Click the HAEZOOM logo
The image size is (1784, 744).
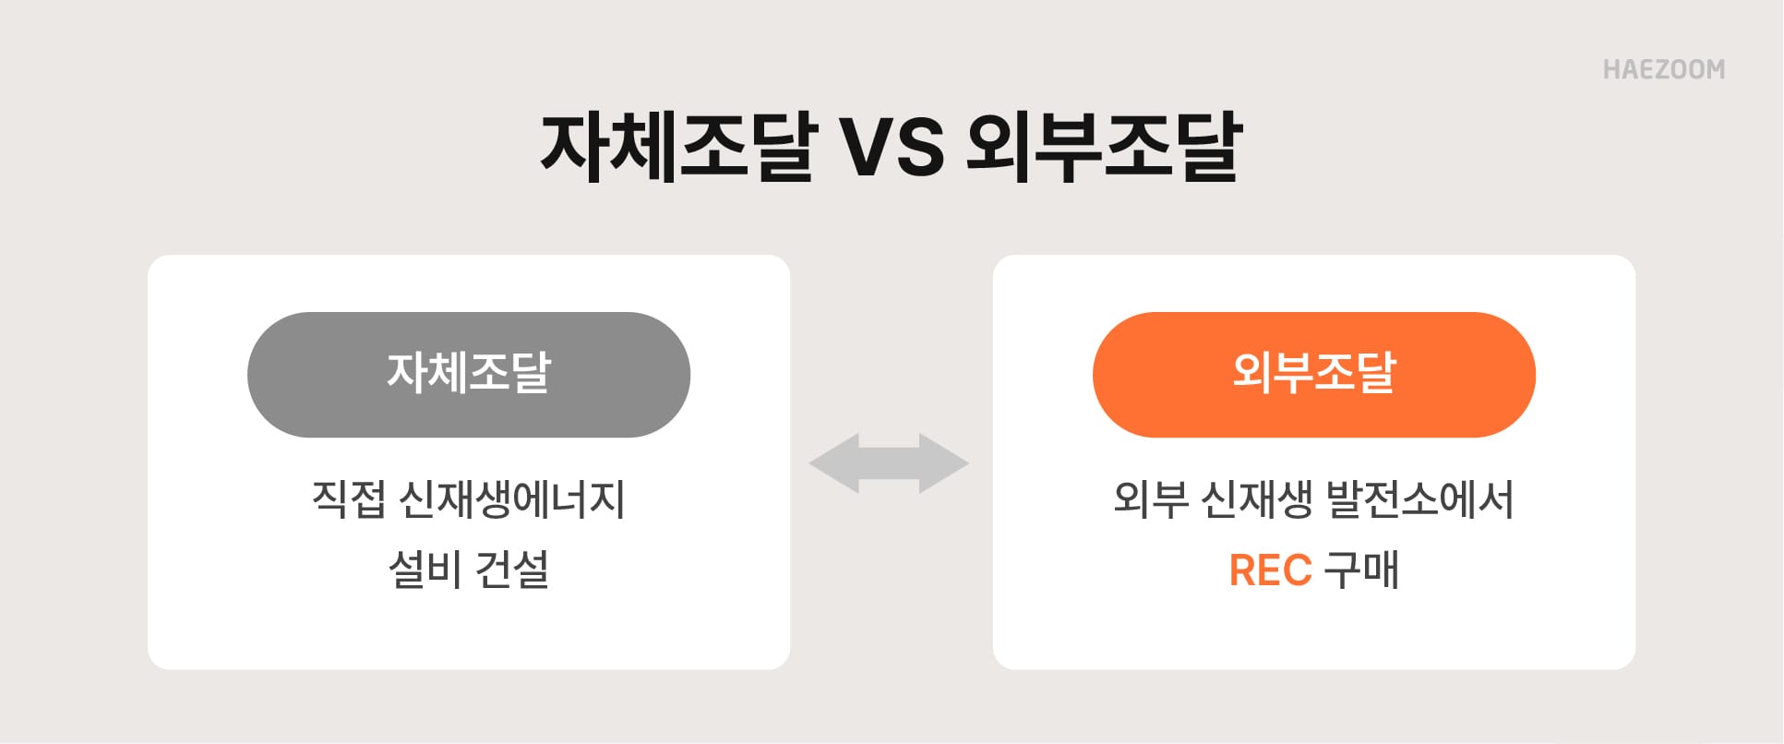point(1663,70)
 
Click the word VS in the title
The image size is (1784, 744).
point(891,148)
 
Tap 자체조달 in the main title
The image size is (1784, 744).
point(678,148)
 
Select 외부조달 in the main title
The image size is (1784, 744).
point(1104,148)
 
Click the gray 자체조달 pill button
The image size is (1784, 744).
point(468,374)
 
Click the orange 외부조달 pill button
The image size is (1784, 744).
point(1313,374)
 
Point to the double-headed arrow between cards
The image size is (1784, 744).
point(889,462)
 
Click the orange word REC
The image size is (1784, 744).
point(1270,570)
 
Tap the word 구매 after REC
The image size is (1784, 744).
point(1361,570)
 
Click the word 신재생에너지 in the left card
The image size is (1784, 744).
point(512,499)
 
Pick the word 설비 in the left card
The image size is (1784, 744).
point(425,570)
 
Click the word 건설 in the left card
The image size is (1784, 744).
point(512,570)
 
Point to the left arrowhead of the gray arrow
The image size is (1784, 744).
point(833,462)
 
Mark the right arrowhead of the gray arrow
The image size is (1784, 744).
point(944,462)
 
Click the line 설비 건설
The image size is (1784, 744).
point(468,570)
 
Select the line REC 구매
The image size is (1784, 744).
point(1313,570)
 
